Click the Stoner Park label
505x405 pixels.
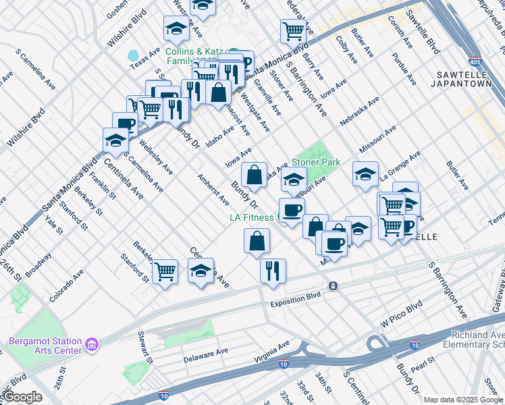(x=316, y=163)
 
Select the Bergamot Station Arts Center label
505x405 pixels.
(x=45, y=345)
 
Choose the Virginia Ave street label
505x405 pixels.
(x=271, y=352)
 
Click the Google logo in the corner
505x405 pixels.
(x=22, y=397)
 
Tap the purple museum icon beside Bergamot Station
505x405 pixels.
(x=92, y=345)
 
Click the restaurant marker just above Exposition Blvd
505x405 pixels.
(x=273, y=271)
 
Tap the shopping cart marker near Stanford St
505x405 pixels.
(x=165, y=271)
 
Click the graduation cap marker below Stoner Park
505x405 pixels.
(x=294, y=180)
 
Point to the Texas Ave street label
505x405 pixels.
(x=144, y=60)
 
